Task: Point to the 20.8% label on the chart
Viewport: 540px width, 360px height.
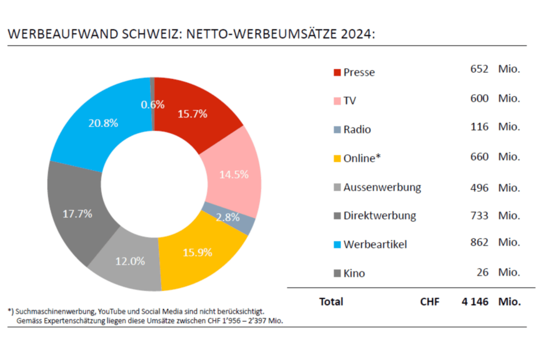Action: (103, 123)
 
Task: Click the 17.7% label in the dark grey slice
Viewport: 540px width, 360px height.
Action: (77, 214)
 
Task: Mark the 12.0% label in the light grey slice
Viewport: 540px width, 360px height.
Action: (130, 261)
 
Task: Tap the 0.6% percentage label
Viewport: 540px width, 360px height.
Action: (153, 104)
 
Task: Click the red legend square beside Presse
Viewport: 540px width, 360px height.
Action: (337, 72)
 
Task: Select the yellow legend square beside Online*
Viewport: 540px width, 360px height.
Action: (337, 158)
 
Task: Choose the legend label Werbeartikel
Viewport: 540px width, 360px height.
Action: (375, 245)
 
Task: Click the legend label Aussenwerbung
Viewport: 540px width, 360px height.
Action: (382, 187)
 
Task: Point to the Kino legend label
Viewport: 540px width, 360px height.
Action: (354, 273)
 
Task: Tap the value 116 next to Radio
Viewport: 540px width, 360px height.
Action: (480, 127)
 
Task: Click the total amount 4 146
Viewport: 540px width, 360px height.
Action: (475, 302)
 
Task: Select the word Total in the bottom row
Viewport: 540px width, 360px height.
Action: (331, 302)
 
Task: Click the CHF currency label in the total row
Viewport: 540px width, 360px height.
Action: (429, 302)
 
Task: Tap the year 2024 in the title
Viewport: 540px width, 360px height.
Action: (355, 34)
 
